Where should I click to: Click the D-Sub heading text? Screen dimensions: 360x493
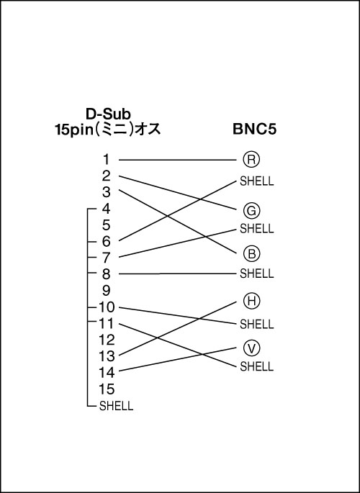pos(108,114)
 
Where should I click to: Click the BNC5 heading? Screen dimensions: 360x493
pos(255,130)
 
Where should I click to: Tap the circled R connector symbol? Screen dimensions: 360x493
pos(251,159)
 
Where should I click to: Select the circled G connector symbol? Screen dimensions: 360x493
pos(251,211)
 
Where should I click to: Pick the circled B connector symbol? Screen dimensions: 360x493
pos(251,253)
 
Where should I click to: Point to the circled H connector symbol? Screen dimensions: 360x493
pos(251,301)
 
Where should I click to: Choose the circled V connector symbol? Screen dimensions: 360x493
pos(251,348)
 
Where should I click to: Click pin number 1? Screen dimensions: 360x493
pos(107,159)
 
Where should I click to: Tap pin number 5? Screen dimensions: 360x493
pos(107,225)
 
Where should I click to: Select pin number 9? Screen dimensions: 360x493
pos(107,291)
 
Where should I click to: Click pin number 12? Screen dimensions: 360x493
pos(107,340)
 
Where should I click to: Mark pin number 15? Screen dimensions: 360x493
pos(107,389)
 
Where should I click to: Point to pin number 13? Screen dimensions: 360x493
pos(107,356)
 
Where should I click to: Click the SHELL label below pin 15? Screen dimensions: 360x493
pos(117,406)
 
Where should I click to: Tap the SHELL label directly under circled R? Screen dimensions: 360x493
pos(256,181)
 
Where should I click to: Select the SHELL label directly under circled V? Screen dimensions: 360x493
pos(256,366)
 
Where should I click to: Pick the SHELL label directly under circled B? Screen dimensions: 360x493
pos(256,273)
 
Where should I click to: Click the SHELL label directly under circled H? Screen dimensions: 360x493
pos(256,324)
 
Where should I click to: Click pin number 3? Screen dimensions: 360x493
pos(107,192)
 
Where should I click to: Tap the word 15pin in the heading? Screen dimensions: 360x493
pos(74,130)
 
